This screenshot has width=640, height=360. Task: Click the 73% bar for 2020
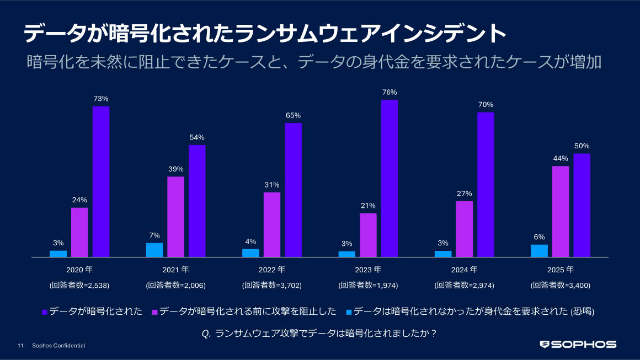pos(100,181)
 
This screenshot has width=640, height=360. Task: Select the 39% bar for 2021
pos(175,217)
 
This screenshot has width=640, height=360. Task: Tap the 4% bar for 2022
pos(250,252)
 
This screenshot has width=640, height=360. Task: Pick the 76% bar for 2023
pos(390,178)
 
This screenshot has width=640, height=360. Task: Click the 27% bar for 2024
pos(465,229)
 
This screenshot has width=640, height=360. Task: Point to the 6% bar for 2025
pos(539,251)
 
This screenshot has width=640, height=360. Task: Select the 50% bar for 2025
pos(582,205)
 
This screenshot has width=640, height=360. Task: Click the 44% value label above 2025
pos(561,158)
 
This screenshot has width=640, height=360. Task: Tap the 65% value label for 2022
pos(293,115)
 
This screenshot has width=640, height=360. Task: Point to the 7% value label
pos(154,235)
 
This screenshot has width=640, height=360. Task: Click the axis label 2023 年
pos(368,270)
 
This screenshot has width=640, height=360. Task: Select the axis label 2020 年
pos(79,270)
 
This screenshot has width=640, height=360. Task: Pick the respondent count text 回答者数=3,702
pos(271,286)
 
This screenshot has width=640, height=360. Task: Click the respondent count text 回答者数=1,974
pos(368,286)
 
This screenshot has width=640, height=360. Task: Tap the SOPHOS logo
pos(578,345)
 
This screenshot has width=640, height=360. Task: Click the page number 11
pos(20,346)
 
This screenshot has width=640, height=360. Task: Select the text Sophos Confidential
pos(58,346)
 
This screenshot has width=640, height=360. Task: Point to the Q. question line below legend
pos(320,333)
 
